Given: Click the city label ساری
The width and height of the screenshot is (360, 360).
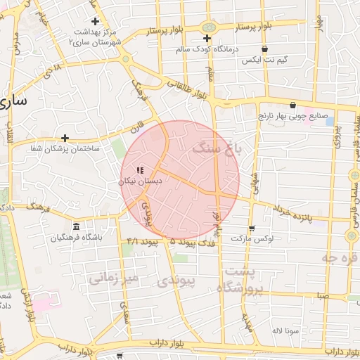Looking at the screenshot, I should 15,100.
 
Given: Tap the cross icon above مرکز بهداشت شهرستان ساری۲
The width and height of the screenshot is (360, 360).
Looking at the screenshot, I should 96,21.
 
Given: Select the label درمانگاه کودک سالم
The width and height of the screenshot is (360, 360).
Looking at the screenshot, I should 208,49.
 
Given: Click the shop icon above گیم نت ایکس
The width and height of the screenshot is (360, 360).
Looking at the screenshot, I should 264,49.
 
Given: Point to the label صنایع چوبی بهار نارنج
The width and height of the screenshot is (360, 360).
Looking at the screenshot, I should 292,115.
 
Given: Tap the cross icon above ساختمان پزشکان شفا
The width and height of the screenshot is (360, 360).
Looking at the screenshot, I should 65,138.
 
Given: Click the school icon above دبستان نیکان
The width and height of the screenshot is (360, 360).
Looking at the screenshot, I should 140,170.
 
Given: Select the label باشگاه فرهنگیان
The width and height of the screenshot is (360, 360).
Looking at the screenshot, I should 76,238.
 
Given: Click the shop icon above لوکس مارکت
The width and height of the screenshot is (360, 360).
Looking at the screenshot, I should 252,229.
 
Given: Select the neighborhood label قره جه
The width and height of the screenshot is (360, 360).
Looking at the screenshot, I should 339,258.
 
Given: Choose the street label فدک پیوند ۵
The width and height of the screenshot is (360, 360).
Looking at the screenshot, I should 193,241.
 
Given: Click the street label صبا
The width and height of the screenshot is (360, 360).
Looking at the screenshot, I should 322,297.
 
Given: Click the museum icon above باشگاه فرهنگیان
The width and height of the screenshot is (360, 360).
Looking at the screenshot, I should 76,226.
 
